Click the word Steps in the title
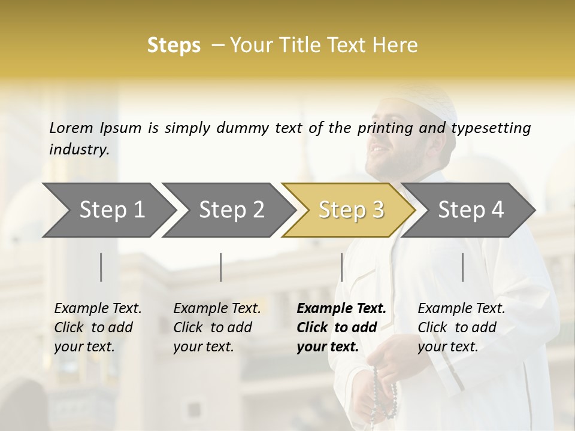(174, 45)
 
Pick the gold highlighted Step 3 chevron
(351, 210)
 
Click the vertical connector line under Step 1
(101, 267)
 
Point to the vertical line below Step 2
(221, 267)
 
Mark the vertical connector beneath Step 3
(341, 267)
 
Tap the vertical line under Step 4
(462, 267)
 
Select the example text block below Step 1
(98, 327)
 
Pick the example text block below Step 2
(217, 327)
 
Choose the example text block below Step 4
(461, 327)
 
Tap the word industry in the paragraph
(78, 150)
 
